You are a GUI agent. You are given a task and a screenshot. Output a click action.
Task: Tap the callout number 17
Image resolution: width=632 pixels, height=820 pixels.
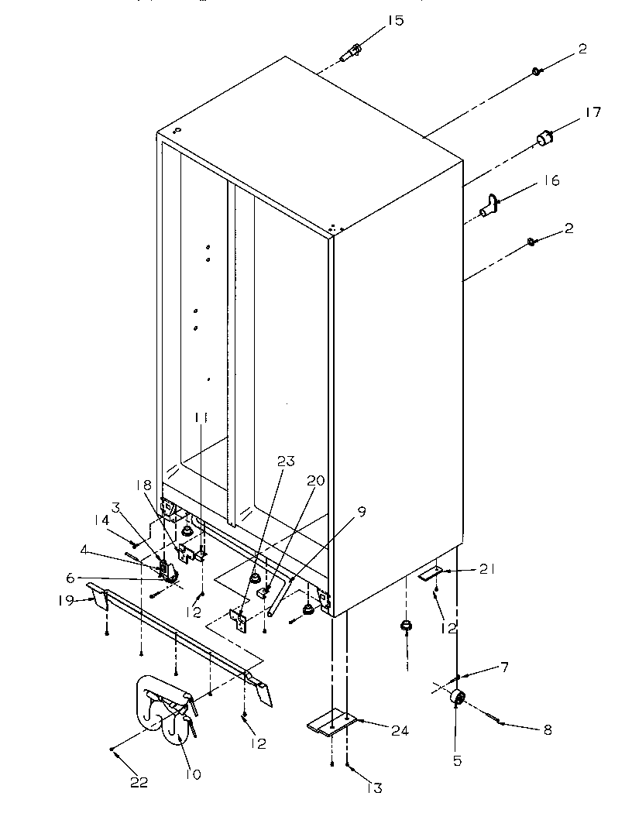[x=592, y=113]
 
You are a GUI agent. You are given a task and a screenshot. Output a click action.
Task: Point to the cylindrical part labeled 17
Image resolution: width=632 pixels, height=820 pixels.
[x=545, y=139]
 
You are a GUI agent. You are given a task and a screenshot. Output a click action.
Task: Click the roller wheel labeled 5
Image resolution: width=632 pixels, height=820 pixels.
[x=457, y=698]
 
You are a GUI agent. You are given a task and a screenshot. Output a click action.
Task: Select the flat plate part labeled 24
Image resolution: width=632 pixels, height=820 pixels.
[x=331, y=723]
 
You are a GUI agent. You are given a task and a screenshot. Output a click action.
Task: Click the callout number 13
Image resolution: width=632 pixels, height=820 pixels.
[x=376, y=788]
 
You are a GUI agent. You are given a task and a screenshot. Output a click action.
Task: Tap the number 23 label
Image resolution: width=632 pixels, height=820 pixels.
[x=286, y=461]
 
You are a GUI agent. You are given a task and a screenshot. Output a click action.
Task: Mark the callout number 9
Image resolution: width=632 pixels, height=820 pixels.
[x=362, y=512]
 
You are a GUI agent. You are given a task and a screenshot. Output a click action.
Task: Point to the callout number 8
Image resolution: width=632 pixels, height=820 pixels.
[x=547, y=729]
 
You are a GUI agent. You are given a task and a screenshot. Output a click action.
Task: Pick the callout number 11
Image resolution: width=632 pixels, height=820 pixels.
[x=201, y=417]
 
